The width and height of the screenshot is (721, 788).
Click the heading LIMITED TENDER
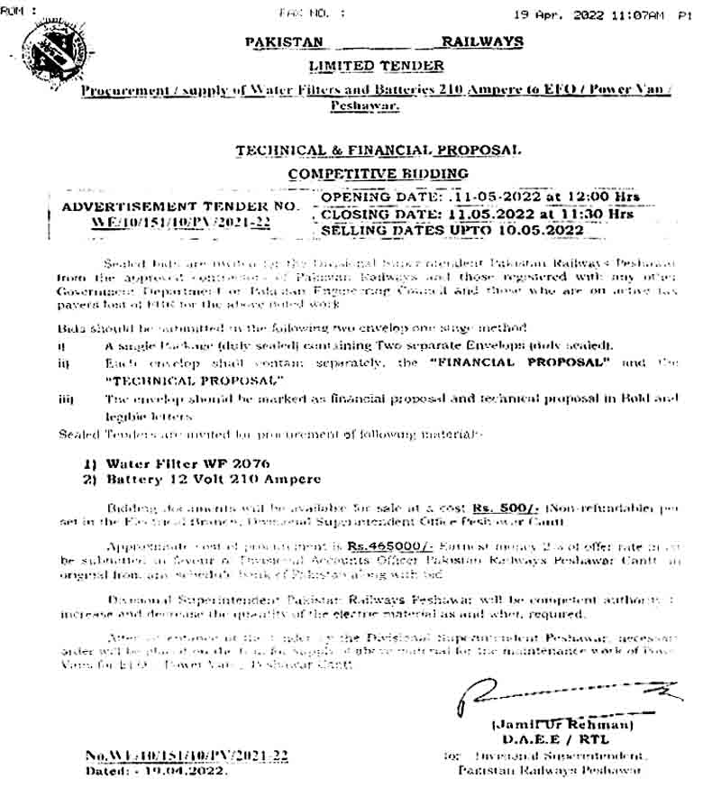click(376, 66)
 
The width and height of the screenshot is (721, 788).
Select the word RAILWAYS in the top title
click(482, 41)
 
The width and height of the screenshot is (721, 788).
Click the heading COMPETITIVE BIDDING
click(378, 173)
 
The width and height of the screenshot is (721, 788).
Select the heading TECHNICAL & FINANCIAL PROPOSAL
click(378, 151)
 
